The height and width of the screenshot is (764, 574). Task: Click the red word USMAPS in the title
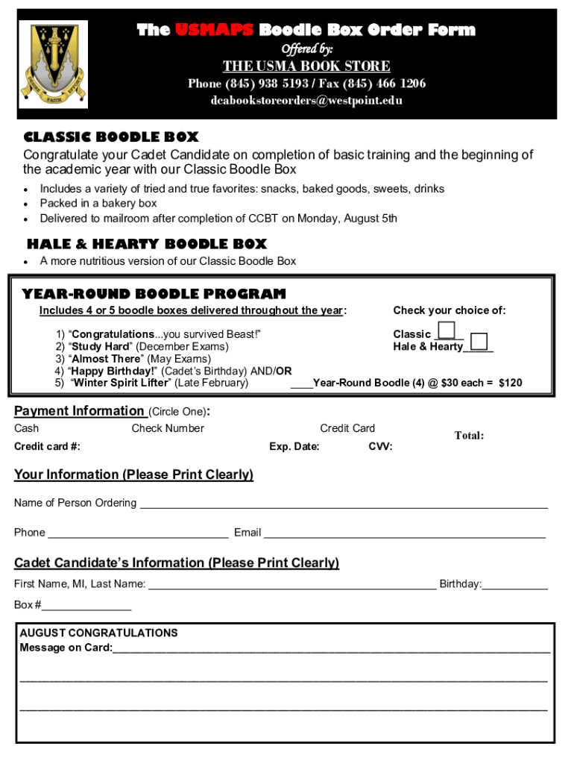point(216,31)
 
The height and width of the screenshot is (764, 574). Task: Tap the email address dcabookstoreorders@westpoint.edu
point(306,101)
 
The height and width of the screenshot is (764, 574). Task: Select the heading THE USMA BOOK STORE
point(306,66)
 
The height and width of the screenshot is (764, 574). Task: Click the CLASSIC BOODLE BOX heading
point(111,137)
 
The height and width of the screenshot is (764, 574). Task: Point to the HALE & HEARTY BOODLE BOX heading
point(146,244)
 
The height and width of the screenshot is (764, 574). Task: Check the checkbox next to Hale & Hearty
point(480,342)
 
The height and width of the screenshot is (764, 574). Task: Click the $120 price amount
point(510,383)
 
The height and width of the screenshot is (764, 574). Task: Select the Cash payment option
point(27,428)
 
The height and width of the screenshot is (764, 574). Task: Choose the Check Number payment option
point(168,428)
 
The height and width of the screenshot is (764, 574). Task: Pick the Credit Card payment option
point(347,428)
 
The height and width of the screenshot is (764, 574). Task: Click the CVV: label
point(380,447)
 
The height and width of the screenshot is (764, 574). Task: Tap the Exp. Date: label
point(294,447)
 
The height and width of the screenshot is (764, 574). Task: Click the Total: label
point(469,436)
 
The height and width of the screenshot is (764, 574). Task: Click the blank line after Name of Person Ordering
point(344,505)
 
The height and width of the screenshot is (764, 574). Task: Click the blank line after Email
point(404,535)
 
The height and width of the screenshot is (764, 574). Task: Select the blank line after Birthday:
point(514,586)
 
